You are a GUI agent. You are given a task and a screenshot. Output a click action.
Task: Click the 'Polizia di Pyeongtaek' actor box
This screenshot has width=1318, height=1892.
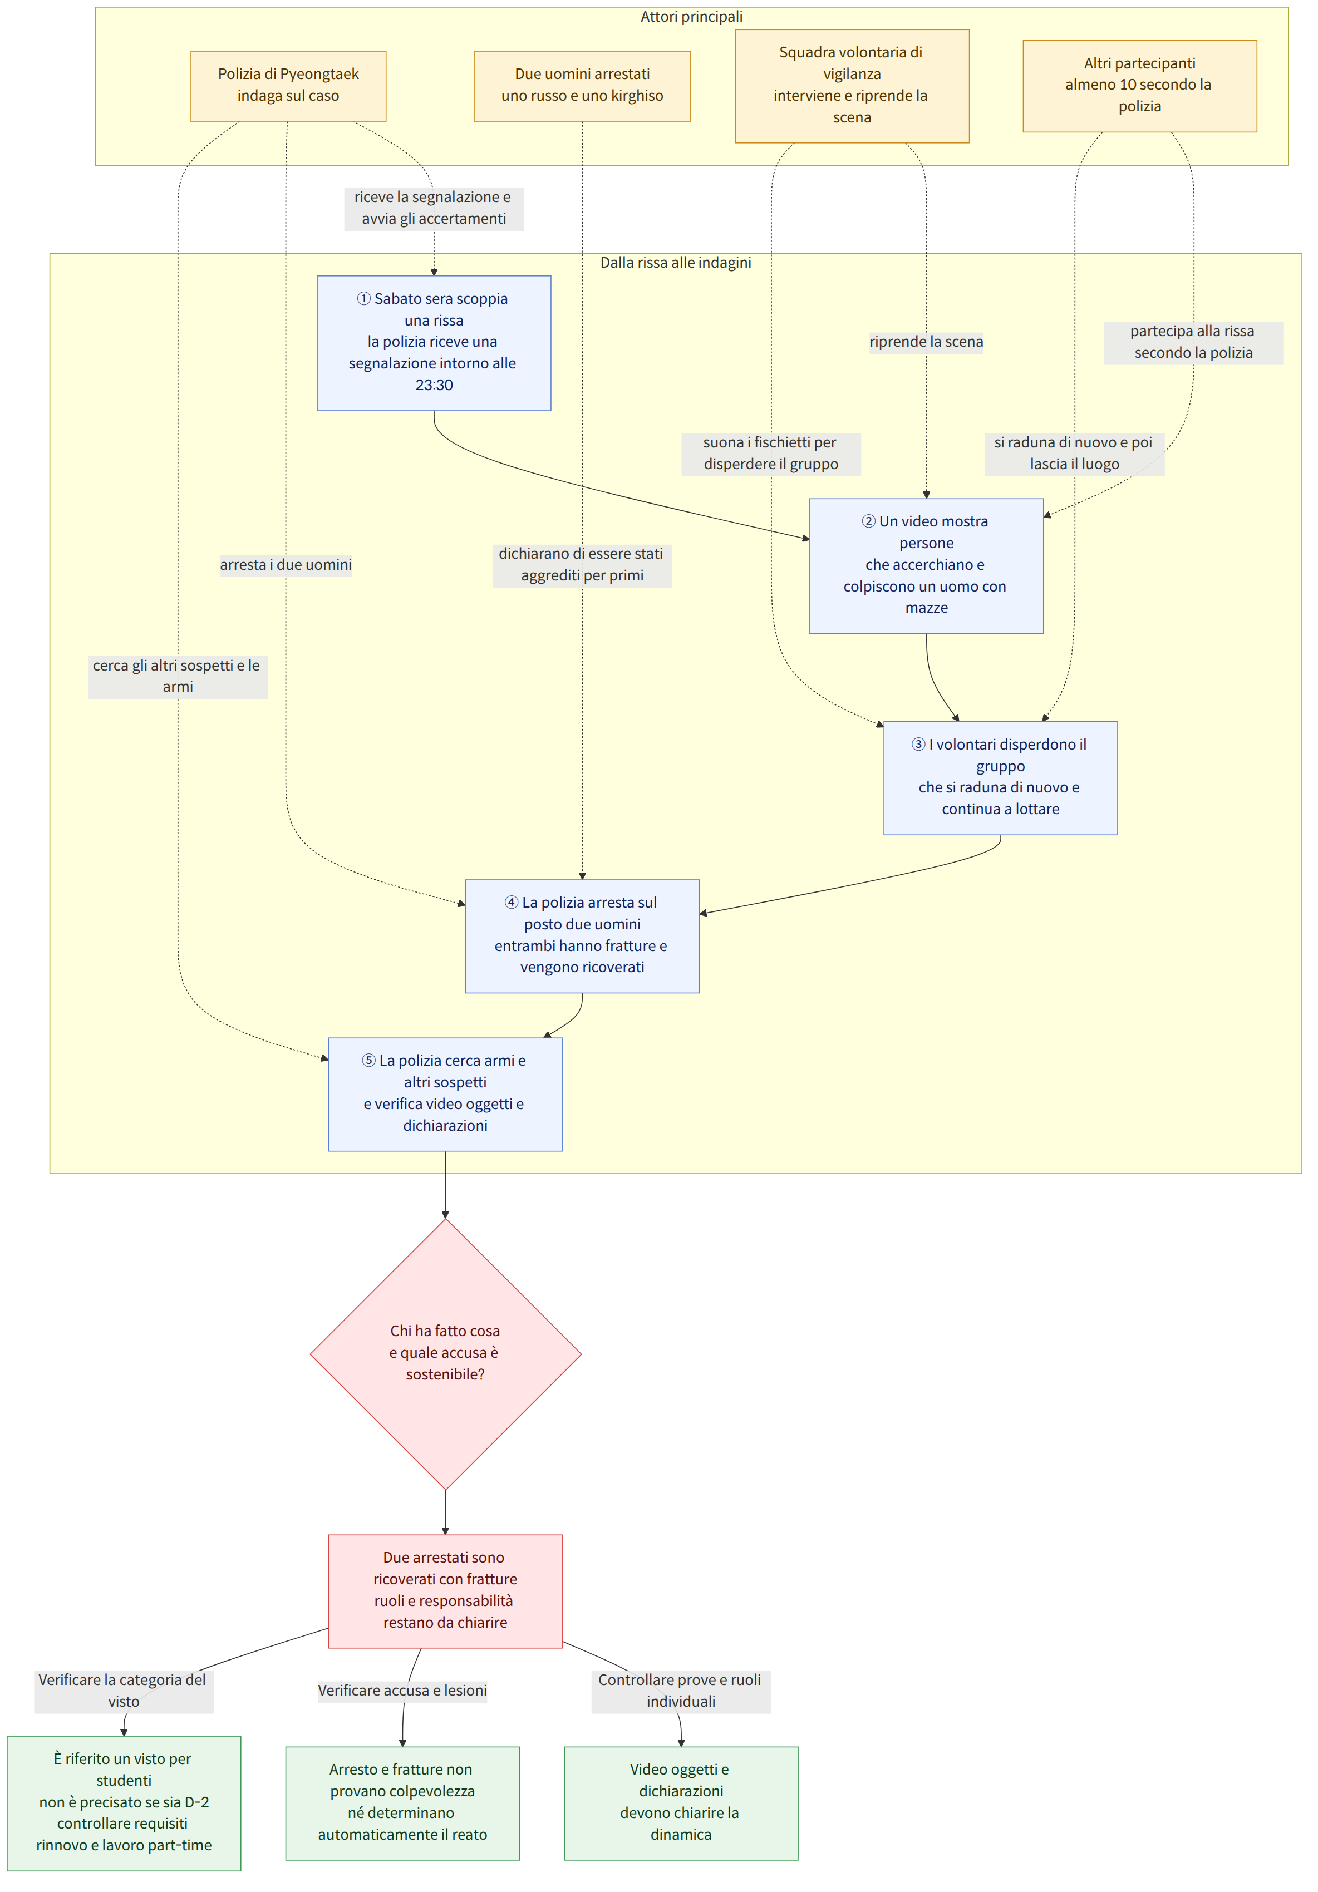point(288,86)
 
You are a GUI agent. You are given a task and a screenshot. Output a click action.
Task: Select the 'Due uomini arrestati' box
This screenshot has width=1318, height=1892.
point(582,86)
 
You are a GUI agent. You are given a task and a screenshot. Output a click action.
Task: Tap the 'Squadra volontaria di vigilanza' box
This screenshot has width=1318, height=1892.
point(852,86)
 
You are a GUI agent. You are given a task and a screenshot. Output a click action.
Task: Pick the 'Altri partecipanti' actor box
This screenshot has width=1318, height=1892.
point(1139,86)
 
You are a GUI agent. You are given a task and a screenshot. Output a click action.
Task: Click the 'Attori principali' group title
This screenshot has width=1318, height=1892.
point(691,17)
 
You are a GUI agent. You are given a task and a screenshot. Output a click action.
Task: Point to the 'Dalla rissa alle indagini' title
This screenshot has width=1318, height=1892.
point(675,263)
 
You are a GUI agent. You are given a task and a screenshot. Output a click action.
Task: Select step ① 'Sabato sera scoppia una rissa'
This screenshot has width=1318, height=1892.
point(434,343)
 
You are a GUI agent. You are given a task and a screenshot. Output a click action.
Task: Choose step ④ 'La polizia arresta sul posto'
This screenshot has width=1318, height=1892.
point(582,936)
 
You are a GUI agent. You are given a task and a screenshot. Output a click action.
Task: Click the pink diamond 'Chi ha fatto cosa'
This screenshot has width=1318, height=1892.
point(445,1354)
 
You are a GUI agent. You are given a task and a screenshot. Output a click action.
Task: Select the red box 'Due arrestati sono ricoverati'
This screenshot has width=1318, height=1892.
point(445,1590)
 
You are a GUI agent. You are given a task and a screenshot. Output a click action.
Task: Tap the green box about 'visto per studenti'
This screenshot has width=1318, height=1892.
point(124,1802)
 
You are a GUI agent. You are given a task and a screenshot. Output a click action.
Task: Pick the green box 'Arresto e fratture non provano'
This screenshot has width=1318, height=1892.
point(402,1803)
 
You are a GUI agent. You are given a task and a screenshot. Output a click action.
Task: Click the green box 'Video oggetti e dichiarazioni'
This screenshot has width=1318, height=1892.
point(681,1803)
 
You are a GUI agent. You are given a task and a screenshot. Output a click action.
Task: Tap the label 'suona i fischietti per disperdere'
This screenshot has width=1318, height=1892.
point(771,453)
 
